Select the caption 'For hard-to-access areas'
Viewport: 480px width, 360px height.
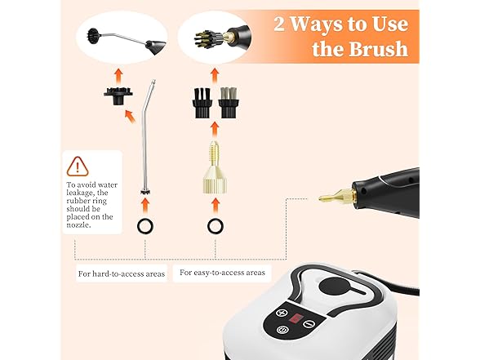(122, 273)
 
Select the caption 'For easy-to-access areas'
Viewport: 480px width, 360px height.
(222, 271)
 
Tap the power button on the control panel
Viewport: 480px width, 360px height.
(282, 331)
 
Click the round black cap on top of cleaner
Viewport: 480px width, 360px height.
(331, 285)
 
